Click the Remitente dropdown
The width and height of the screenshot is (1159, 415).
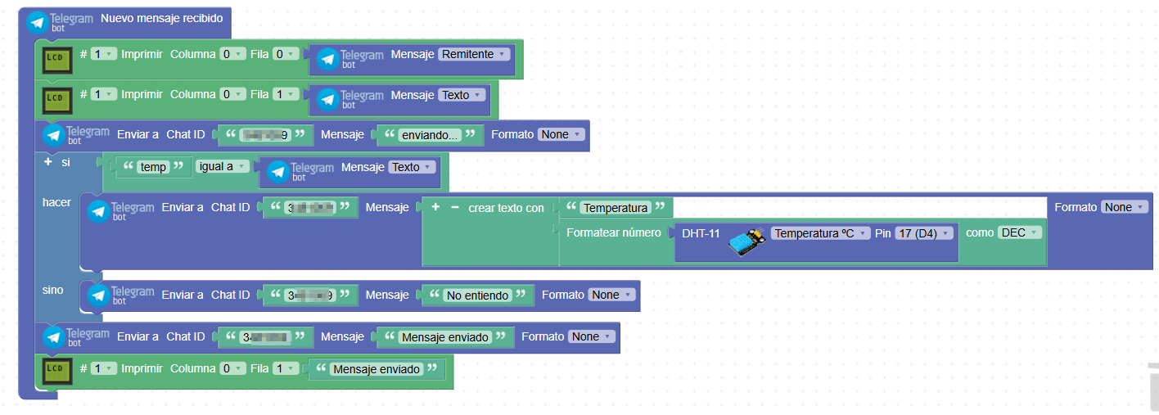(474, 54)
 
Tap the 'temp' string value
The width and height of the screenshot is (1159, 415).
(153, 167)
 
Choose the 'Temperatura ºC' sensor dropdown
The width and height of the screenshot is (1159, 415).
(820, 233)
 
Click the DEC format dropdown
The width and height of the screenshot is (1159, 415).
(1019, 232)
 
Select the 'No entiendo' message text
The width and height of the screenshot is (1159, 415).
(477, 295)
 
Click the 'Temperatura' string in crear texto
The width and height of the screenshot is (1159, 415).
(616, 208)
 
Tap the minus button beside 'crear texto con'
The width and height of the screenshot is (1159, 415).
(454, 208)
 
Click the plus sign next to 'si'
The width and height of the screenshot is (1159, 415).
(47, 162)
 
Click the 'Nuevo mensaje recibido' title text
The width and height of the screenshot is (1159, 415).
(161, 18)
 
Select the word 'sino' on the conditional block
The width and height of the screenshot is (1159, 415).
(52, 290)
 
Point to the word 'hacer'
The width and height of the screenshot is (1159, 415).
(56, 202)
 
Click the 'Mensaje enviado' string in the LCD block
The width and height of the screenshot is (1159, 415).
(377, 369)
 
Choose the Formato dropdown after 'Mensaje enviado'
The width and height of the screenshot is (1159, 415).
(590, 336)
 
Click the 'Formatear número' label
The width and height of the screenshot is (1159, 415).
(613, 232)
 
